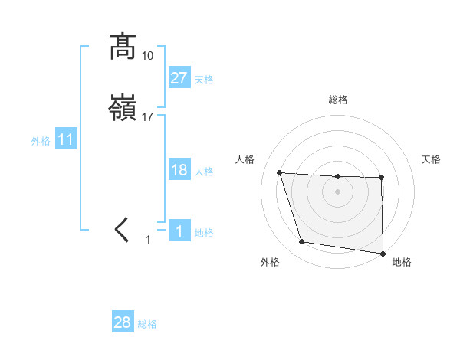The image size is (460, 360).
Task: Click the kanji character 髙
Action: tap(123, 47)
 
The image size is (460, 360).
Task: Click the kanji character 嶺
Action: tap(123, 110)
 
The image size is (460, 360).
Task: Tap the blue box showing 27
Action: tap(179, 78)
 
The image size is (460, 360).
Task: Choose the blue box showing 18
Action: tap(179, 170)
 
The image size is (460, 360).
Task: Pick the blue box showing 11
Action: tap(66, 140)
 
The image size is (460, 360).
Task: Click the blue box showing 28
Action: tap(123, 322)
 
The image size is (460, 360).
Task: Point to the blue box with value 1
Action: tap(179, 231)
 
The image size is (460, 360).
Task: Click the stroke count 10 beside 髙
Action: tap(148, 56)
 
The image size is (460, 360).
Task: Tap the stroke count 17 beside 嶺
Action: tap(148, 117)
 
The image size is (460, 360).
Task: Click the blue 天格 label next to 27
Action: tap(204, 80)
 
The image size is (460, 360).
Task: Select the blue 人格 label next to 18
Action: tap(204, 172)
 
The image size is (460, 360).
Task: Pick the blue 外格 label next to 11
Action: tap(41, 141)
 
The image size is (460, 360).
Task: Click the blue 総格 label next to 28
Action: tap(147, 324)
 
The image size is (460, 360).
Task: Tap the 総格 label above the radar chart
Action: tap(338, 100)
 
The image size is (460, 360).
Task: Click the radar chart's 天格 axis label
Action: tap(432, 159)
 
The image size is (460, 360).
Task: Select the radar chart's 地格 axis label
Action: tap(402, 262)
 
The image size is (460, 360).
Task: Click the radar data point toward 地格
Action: tap(382, 253)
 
